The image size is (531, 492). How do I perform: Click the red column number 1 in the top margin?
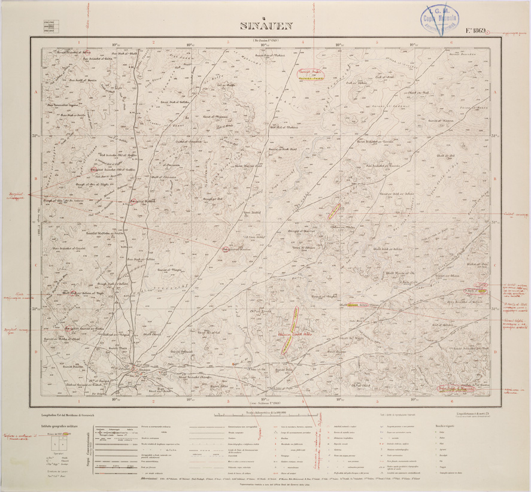click(79, 42)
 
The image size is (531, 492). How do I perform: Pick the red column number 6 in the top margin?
click(451, 42)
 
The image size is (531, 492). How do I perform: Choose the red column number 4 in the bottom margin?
click(303, 401)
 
